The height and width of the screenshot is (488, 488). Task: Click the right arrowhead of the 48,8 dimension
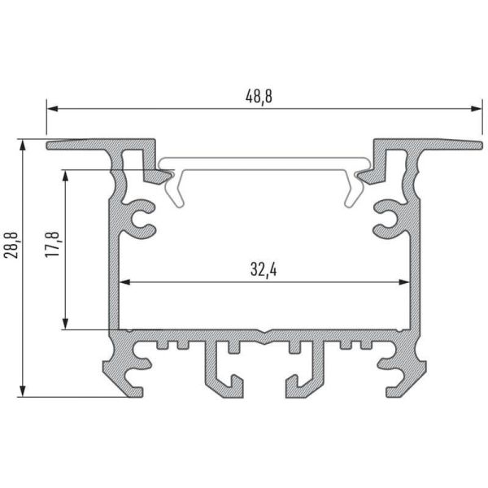(x=470, y=107)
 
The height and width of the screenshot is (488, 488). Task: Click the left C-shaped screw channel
(x=143, y=218)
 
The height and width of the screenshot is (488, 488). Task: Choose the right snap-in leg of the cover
(x=353, y=191)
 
